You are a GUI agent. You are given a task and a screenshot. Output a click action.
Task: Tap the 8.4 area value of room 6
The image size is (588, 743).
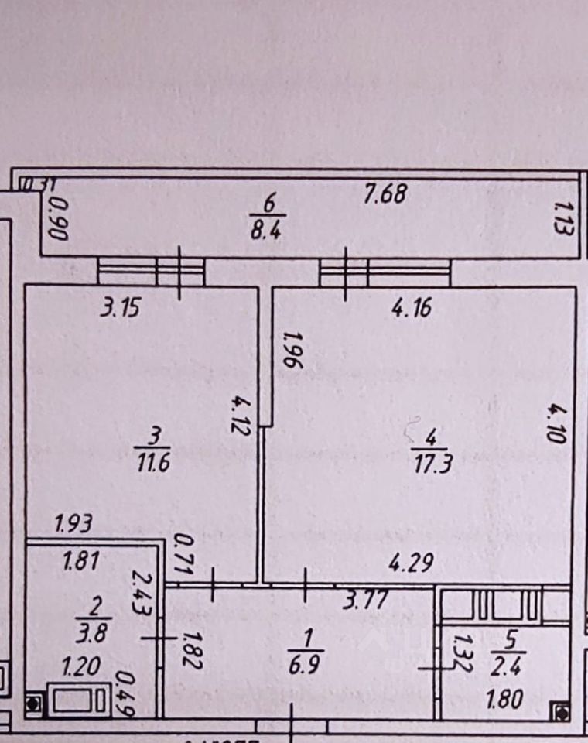coord(268,230)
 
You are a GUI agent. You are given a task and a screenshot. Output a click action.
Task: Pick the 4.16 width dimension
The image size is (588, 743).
coord(412,310)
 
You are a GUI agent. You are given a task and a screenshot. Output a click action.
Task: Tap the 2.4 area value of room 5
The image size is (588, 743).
coord(510,666)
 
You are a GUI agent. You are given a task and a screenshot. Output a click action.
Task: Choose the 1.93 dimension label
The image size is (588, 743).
coord(74,524)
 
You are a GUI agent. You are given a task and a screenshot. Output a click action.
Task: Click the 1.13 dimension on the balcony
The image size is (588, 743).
coord(562,219)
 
